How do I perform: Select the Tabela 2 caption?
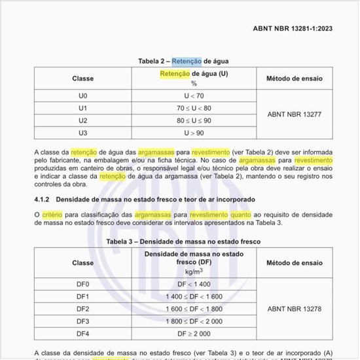183,61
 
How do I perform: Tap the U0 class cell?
82,96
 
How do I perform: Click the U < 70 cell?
194,96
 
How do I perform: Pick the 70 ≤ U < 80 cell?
194,108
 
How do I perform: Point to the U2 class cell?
82,120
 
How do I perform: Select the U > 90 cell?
194,133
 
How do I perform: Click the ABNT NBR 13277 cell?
294,114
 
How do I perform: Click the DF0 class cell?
82,284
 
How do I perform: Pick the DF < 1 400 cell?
194,284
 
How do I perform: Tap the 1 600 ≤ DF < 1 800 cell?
194,309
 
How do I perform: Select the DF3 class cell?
82,321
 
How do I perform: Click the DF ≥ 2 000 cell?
194,334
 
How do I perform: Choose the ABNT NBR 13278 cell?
294,309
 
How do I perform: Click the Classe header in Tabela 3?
82,262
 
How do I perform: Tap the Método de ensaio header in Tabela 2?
294,79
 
